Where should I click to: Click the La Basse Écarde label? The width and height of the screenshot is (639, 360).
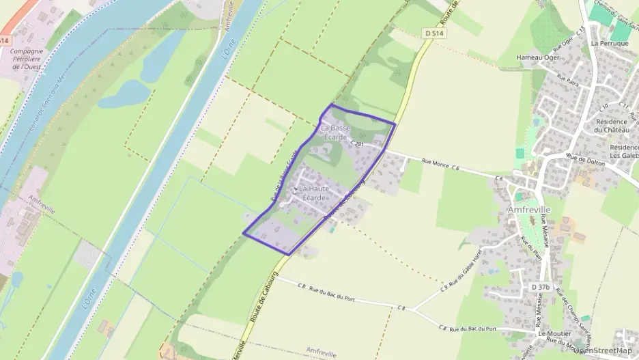[x=335, y=133]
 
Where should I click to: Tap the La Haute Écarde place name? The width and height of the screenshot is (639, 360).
[x=313, y=193]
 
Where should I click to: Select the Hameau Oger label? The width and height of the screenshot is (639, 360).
[x=538, y=57]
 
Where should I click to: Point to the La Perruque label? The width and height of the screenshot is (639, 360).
[x=605, y=43]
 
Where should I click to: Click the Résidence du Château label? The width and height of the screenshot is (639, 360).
[x=610, y=126]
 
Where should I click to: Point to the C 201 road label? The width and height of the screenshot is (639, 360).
[x=358, y=144]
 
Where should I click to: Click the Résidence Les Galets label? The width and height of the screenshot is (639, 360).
[x=623, y=152]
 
